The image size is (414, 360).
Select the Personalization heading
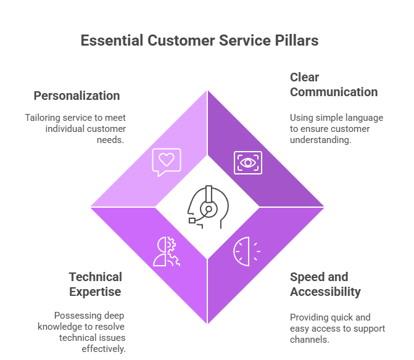[77, 96]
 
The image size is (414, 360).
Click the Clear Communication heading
[334, 85]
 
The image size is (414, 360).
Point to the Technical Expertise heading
[96, 284]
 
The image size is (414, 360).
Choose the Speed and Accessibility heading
[325, 284]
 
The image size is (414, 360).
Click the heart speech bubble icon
[167, 162]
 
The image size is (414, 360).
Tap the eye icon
[247, 162]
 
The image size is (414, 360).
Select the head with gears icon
[167, 251]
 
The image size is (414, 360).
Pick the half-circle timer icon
[246, 250]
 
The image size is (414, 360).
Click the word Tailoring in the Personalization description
[44, 118]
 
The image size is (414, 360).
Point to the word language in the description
[363, 118]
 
